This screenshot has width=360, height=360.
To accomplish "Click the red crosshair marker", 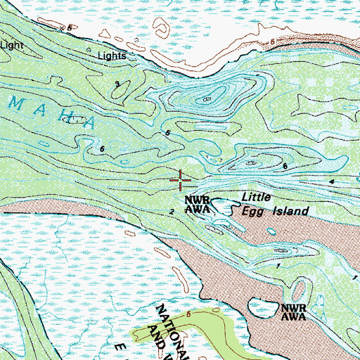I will click(x=181, y=181).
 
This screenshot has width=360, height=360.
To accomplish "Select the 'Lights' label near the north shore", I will click(x=112, y=56).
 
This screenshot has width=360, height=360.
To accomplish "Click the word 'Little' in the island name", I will click(x=257, y=198).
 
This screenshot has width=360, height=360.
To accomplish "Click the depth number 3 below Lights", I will click(x=117, y=84).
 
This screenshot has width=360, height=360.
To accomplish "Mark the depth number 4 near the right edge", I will click(x=330, y=182).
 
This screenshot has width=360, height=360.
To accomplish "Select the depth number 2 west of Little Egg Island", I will click(x=172, y=211).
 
